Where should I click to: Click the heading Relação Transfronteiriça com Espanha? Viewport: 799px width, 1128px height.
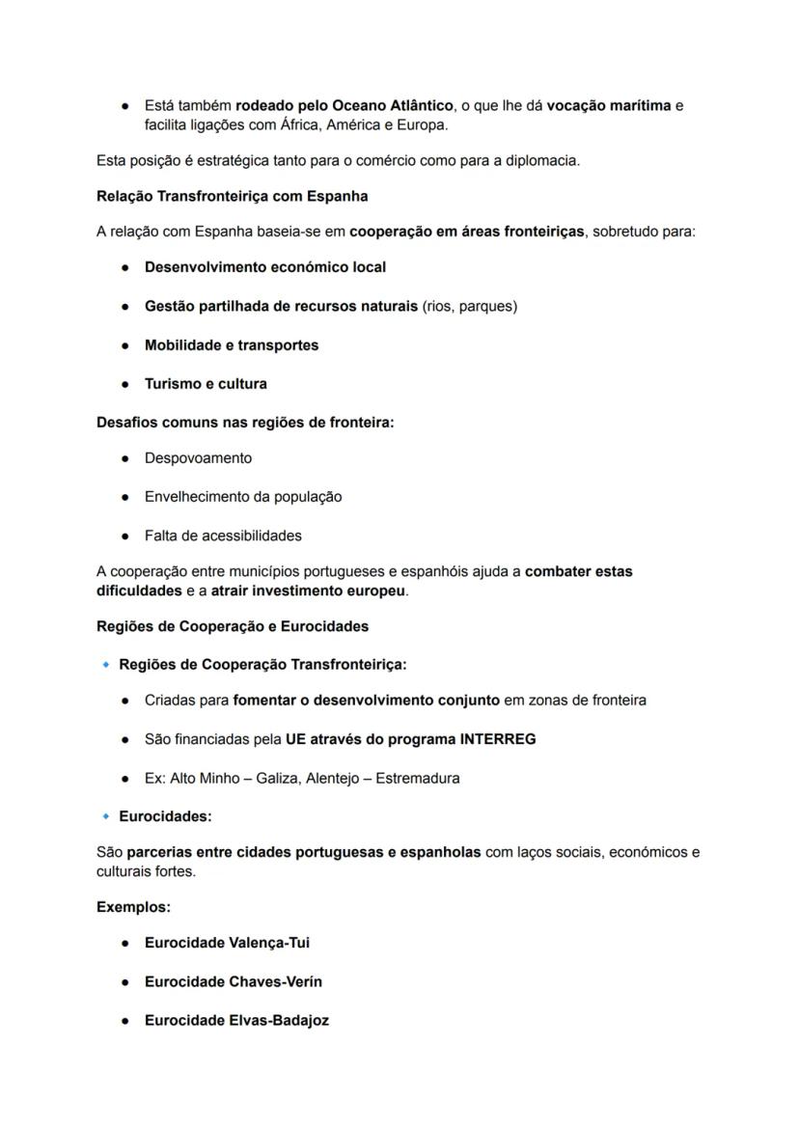[232, 197]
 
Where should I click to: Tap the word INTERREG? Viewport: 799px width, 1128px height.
[498, 739]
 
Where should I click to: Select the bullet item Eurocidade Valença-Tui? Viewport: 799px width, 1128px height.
[227, 943]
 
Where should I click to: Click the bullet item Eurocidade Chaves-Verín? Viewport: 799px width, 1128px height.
[233, 981]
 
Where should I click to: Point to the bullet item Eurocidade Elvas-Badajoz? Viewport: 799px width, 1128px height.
[236, 1020]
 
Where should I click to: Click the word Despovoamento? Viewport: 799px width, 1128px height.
[198, 458]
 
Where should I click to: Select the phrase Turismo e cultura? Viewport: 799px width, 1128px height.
[206, 384]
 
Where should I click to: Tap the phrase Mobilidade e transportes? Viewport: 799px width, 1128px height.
[231, 345]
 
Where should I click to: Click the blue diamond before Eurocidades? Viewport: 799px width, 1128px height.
[105, 816]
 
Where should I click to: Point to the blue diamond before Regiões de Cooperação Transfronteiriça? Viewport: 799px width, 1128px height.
[105, 665]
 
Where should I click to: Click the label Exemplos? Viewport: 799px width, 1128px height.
[133, 908]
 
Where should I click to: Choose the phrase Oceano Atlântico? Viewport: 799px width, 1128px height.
[392, 105]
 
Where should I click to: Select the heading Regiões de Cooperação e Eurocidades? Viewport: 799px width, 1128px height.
[233, 626]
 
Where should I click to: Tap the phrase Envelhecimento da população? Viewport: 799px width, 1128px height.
[242, 497]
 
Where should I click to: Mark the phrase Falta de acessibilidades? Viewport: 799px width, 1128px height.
[223, 536]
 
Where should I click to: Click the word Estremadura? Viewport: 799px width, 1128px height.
[418, 778]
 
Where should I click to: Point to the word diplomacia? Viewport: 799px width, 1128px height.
[541, 160]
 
